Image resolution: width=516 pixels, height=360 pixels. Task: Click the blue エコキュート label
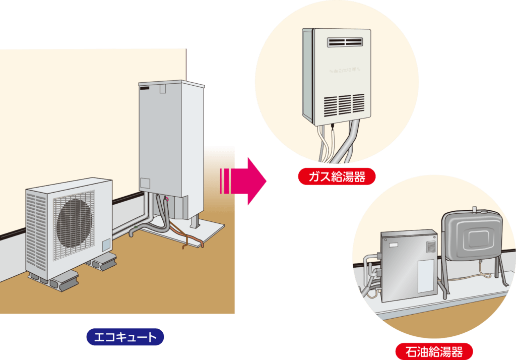(125, 337)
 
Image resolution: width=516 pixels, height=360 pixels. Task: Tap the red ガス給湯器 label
(337, 176)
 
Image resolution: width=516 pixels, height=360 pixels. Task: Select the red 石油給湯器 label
(434, 350)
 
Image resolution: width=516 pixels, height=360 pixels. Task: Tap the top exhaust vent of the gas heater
(345, 42)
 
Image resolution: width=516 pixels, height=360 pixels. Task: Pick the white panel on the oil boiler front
(426, 276)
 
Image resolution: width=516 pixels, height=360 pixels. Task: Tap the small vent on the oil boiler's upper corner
(430, 247)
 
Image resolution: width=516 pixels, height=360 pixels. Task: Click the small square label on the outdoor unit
(106, 245)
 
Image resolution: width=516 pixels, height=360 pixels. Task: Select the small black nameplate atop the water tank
(146, 88)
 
